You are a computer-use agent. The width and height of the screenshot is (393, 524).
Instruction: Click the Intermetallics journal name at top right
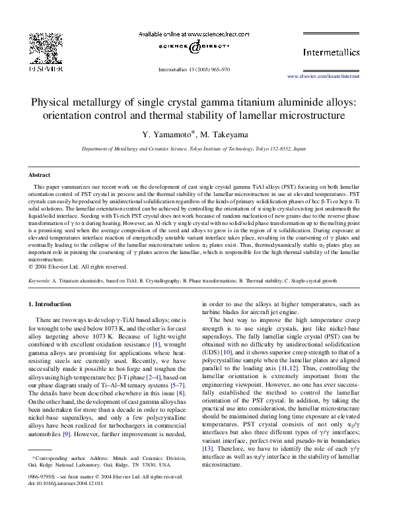332,51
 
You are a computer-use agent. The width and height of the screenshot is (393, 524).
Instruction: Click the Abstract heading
39,175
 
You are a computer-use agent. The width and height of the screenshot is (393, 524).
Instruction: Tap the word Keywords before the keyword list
39,280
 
